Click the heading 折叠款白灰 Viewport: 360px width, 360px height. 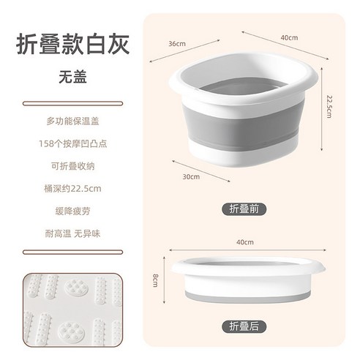(72, 45)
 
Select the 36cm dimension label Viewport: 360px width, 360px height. (177, 44)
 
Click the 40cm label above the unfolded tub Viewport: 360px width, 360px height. (288, 37)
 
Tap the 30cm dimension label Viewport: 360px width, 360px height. (192, 176)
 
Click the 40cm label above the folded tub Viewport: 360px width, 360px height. (244, 242)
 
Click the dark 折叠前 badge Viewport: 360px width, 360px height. (241, 209)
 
